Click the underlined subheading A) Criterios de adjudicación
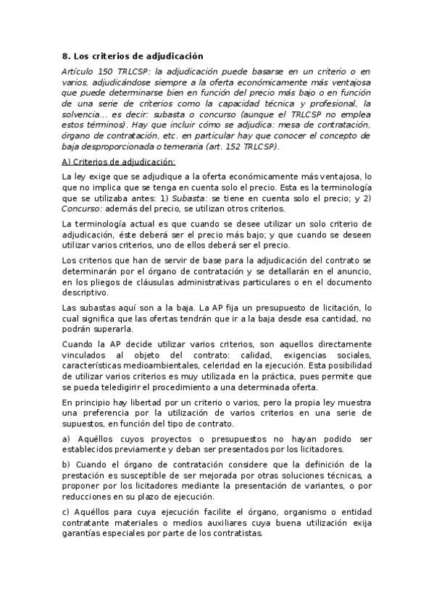tap(119, 161)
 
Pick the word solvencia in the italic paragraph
tap(80, 114)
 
